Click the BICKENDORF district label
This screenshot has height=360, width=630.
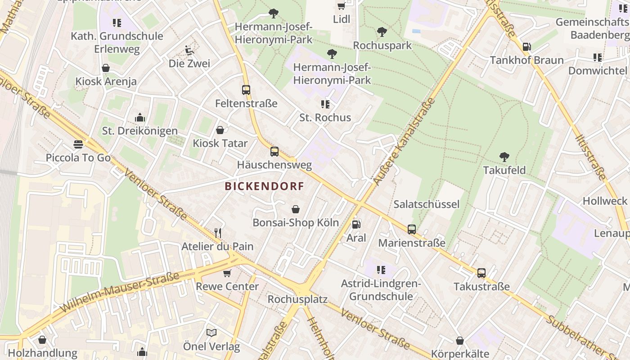tap(264, 186)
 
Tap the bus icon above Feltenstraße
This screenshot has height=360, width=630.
tap(246, 90)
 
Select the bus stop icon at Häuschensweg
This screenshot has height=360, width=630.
tap(274, 152)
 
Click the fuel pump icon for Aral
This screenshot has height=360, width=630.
tap(356, 224)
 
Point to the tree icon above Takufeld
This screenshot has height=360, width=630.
tap(504, 157)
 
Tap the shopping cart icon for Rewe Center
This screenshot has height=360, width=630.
tap(227, 273)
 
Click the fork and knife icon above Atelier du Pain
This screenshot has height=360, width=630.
tap(218, 233)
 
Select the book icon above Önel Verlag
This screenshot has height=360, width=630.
tap(211, 333)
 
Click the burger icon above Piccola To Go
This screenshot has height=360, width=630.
tap(78, 144)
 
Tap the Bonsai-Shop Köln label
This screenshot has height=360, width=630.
tap(296, 223)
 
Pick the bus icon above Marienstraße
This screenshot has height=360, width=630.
tap(412, 229)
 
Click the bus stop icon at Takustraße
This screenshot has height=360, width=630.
tap(481, 273)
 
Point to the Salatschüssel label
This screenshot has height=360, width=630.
tap(427, 204)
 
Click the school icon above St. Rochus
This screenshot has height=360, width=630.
tap(325, 104)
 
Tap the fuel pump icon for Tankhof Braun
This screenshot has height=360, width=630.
tap(526, 47)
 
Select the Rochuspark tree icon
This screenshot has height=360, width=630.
tap(382, 32)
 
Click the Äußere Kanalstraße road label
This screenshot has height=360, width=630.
tap(404, 141)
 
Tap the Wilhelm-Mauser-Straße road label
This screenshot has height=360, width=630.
tap(119, 293)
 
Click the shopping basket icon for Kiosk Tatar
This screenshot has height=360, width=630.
tap(220, 130)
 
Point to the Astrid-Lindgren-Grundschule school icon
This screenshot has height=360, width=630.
tap(381, 270)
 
